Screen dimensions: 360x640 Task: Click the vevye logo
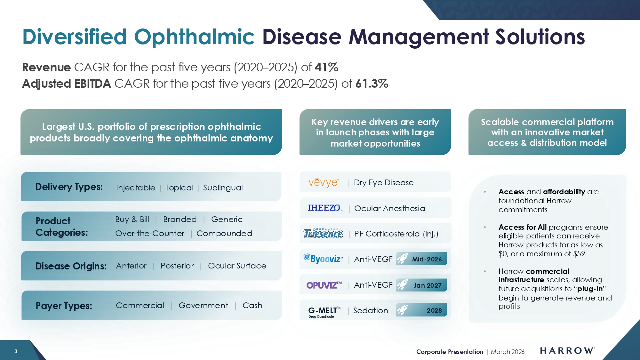point(323,182)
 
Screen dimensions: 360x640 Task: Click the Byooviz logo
point(323,259)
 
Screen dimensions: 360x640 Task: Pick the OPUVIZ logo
point(324,285)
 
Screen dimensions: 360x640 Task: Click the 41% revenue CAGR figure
point(326,67)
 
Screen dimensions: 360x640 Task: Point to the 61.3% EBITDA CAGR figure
point(372,84)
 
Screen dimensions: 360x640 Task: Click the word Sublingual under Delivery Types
point(223,188)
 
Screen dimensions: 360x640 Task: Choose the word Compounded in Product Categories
point(224,234)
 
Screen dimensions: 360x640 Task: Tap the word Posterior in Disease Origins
point(177,266)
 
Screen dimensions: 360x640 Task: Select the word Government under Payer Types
point(204,306)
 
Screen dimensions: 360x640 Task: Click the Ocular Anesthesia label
point(389,209)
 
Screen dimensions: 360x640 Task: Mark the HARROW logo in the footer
point(567,351)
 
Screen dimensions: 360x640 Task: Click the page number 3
point(16,351)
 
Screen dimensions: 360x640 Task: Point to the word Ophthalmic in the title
point(194,37)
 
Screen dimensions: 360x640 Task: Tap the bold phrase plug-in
point(590,289)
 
